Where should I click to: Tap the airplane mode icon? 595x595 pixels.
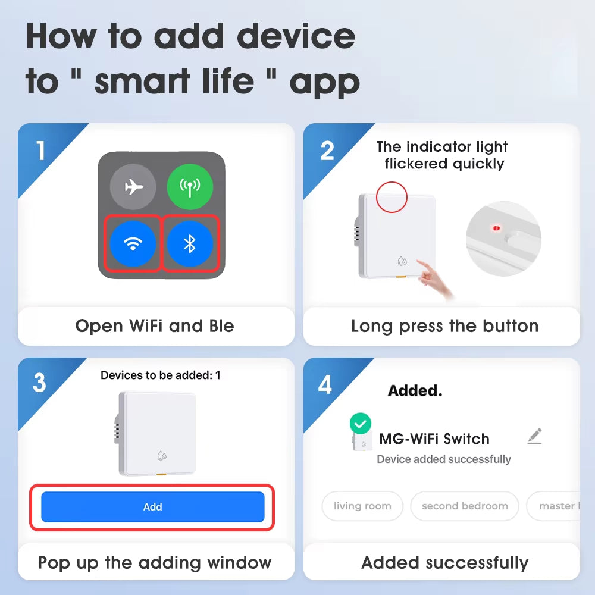coord(133,187)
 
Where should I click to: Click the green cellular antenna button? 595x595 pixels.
coord(190,187)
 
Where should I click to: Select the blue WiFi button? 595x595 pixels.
coord(133,243)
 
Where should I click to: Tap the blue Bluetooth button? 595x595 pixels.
coord(190,243)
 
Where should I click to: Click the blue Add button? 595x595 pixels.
coord(152,507)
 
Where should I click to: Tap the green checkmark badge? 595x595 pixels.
coord(361,424)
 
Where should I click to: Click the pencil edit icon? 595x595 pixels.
coord(535,436)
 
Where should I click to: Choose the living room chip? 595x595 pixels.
coord(362,506)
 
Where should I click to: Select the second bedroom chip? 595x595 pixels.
coord(465,506)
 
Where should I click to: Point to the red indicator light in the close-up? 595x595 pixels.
coord(496,228)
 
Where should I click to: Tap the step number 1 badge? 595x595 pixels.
coord(40,151)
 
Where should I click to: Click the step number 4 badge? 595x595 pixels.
coord(325,385)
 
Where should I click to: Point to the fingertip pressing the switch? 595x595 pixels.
coord(418,261)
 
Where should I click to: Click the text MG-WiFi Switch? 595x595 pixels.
coord(434,439)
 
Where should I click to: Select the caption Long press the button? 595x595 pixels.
coord(444,326)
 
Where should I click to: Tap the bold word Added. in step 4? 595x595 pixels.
coord(415,390)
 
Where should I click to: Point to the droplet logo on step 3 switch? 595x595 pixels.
coord(162,455)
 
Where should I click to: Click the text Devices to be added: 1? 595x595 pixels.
coord(161,375)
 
